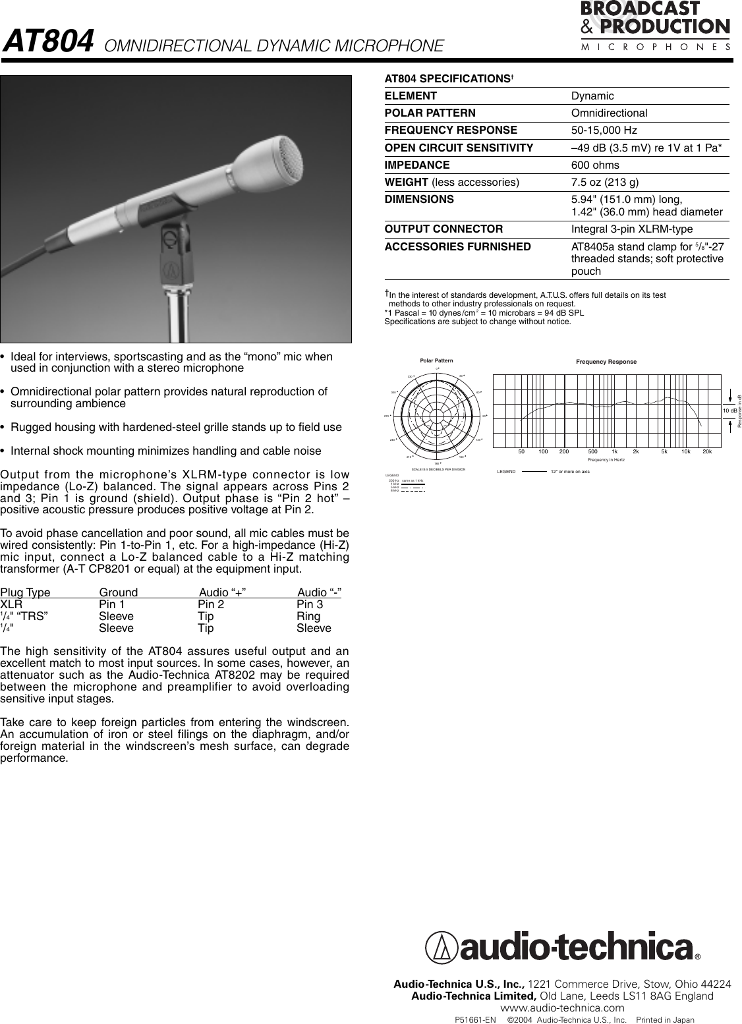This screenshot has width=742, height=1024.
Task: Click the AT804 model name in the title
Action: pyautogui.click(x=47, y=43)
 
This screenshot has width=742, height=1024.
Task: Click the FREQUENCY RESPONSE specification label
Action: pyautogui.click(x=451, y=130)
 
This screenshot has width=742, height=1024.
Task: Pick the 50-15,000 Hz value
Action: pyautogui.click(x=604, y=130)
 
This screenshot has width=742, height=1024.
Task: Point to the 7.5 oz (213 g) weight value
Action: pyautogui.click(x=604, y=182)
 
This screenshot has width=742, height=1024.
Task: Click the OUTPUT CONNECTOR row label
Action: pyautogui.click(x=443, y=229)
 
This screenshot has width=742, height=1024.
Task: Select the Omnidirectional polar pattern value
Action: pyautogui.click(x=609, y=113)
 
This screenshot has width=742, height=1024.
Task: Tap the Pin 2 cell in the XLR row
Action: pyautogui.click(x=211, y=604)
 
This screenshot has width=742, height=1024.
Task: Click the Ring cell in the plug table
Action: pyautogui.click(x=308, y=616)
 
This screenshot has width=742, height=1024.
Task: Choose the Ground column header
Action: pyautogui.click(x=119, y=592)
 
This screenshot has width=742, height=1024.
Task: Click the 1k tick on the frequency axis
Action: pyautogui.click(x=614, y=451)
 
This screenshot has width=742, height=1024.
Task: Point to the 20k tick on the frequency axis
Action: pyautogui.click(x=707, y=451)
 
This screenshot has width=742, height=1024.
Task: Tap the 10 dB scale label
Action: pyautogui.click(x=729, y=411)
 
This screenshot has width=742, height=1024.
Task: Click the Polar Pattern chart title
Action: pyautogui.click(x=436, y=360)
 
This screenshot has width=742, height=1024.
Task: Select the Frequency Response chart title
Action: pyautogui.click(x=606, y=362)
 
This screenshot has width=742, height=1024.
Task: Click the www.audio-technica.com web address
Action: pyautogui.click(x=562, y=1008)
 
